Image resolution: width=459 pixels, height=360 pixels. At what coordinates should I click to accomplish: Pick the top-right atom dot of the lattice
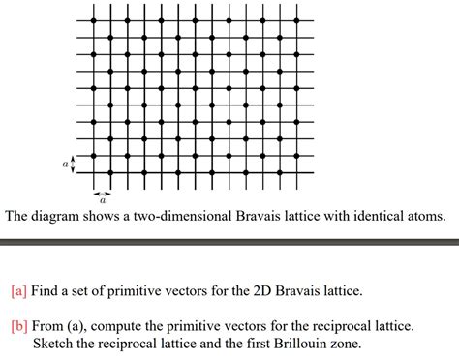click(x=297, y=19)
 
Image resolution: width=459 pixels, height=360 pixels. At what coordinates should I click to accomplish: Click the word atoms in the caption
click(x=426, y=216)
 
